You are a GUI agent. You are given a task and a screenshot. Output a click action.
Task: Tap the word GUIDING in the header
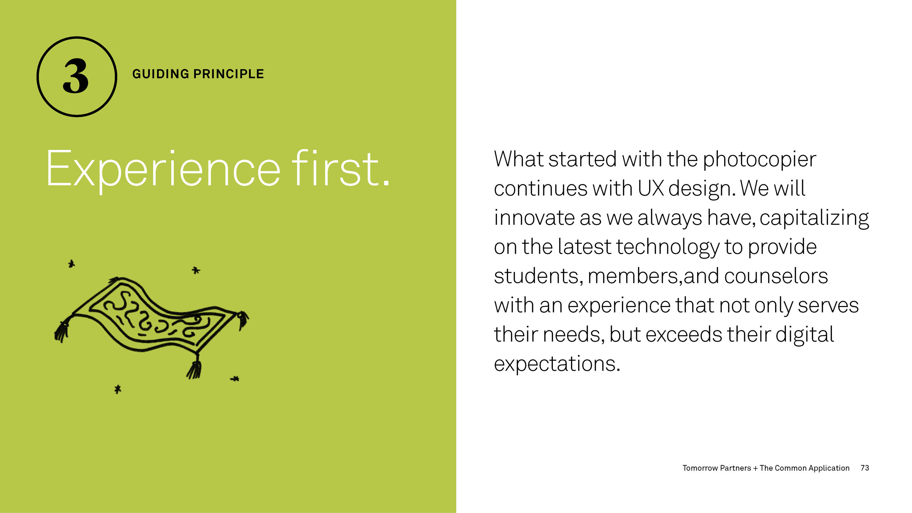pos(161,74)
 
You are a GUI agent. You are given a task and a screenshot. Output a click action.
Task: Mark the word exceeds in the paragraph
pos(684,335)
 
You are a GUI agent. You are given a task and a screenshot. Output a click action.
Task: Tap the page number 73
pos(865,468)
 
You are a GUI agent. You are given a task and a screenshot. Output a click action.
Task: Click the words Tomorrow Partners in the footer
pos(716,468)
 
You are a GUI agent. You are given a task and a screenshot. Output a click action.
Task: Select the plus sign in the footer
pos(755,468)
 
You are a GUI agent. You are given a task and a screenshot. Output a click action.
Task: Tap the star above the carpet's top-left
pos(72,264)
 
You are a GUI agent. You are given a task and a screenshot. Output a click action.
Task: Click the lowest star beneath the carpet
pos(118,389)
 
